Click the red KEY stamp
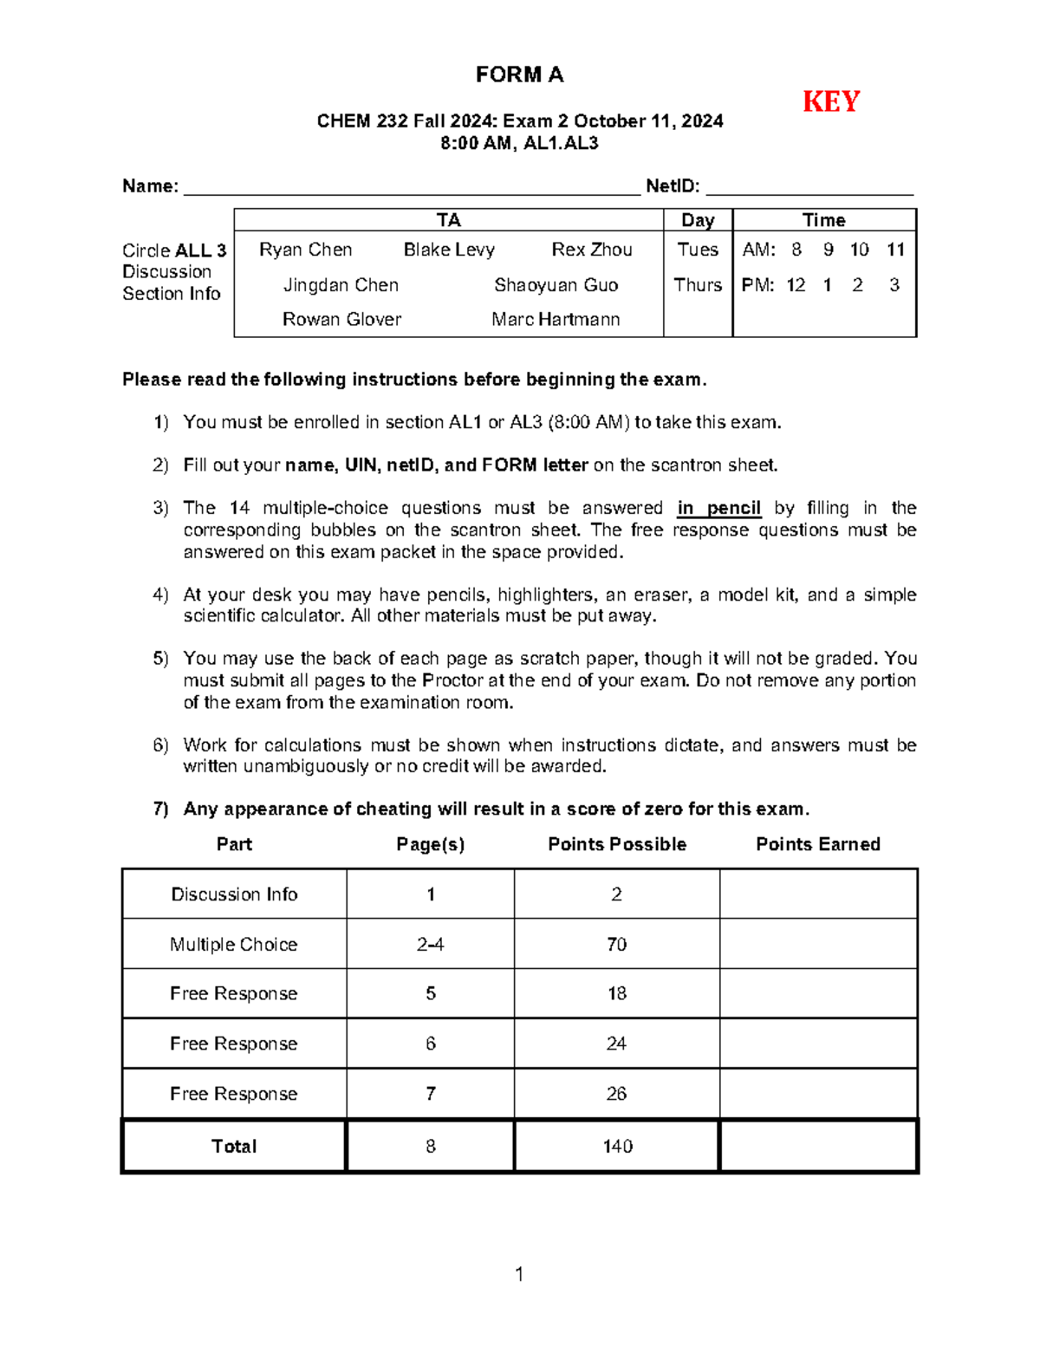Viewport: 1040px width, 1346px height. (x=830, y=102)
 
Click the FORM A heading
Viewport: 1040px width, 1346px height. (x=519, y=75)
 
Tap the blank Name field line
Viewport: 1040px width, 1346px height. (x=411, y=189)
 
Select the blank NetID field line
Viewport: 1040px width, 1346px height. (x=809, y=189)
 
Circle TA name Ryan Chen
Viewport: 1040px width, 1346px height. (x=305, y=250)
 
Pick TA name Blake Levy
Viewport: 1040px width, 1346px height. (x=449, y=250)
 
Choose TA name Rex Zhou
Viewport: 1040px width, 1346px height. (x=592, y=250)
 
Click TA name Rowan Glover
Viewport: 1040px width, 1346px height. (x=341, y=320)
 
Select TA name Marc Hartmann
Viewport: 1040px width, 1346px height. (x=556, y=320)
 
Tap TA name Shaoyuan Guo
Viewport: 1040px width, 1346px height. (x=556, y=285)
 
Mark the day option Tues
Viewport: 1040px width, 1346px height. (x=698, y=250)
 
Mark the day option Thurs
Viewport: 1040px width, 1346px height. (x=698, y=285)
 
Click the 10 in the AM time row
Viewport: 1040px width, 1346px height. (x=859, y=250)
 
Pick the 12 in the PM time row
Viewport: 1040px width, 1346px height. (x=796, y=285)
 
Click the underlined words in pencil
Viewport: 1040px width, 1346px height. (x=718, y=509)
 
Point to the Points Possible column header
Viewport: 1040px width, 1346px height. (x=617, y=844)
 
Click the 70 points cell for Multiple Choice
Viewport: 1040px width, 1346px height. (x=616, y=944)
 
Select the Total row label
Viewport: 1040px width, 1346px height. (x=234, y=1146)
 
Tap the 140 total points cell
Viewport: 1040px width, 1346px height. (x=617, y=1146)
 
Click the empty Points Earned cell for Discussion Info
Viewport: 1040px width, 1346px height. (x=818, y=894)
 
